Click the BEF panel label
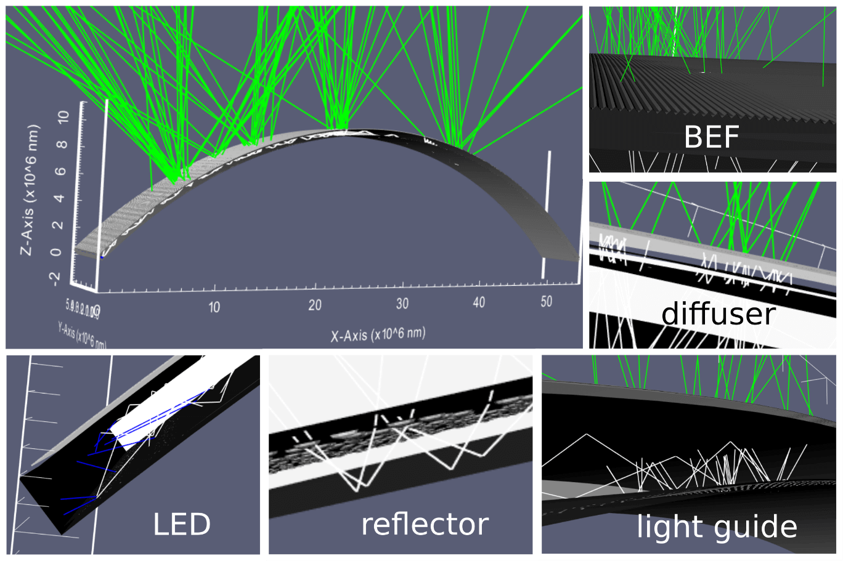[711, 137]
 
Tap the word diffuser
[718, 314]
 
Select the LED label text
[182, 525]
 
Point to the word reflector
[425, 524]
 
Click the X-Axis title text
[378, 334]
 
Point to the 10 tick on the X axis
[214, 307]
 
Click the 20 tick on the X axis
[315, 305]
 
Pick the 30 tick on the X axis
[402, 304]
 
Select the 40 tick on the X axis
[479, 302]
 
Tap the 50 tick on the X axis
[546, 301]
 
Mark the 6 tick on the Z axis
[60, 171]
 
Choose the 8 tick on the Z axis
[60, 145]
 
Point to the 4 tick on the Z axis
[60, 198]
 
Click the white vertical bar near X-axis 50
[546, 216]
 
